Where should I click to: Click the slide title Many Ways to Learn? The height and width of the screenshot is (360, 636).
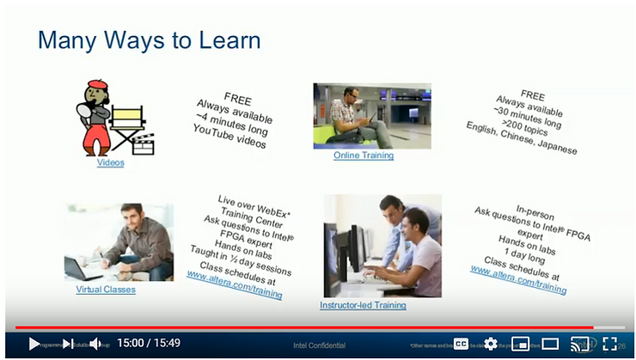150,40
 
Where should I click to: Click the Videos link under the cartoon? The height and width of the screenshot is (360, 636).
110,162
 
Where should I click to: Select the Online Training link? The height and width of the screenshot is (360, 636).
364,156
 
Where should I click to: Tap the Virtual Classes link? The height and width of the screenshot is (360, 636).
106,290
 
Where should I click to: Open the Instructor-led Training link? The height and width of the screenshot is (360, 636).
363,305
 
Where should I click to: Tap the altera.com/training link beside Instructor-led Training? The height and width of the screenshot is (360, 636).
518,278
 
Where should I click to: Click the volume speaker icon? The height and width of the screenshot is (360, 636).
95,344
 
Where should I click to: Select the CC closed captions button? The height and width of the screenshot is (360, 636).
462,344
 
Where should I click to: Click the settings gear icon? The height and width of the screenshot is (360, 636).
491,344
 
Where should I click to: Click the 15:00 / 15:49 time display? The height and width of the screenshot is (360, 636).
149,344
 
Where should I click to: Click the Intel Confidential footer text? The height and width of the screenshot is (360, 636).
319,345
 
